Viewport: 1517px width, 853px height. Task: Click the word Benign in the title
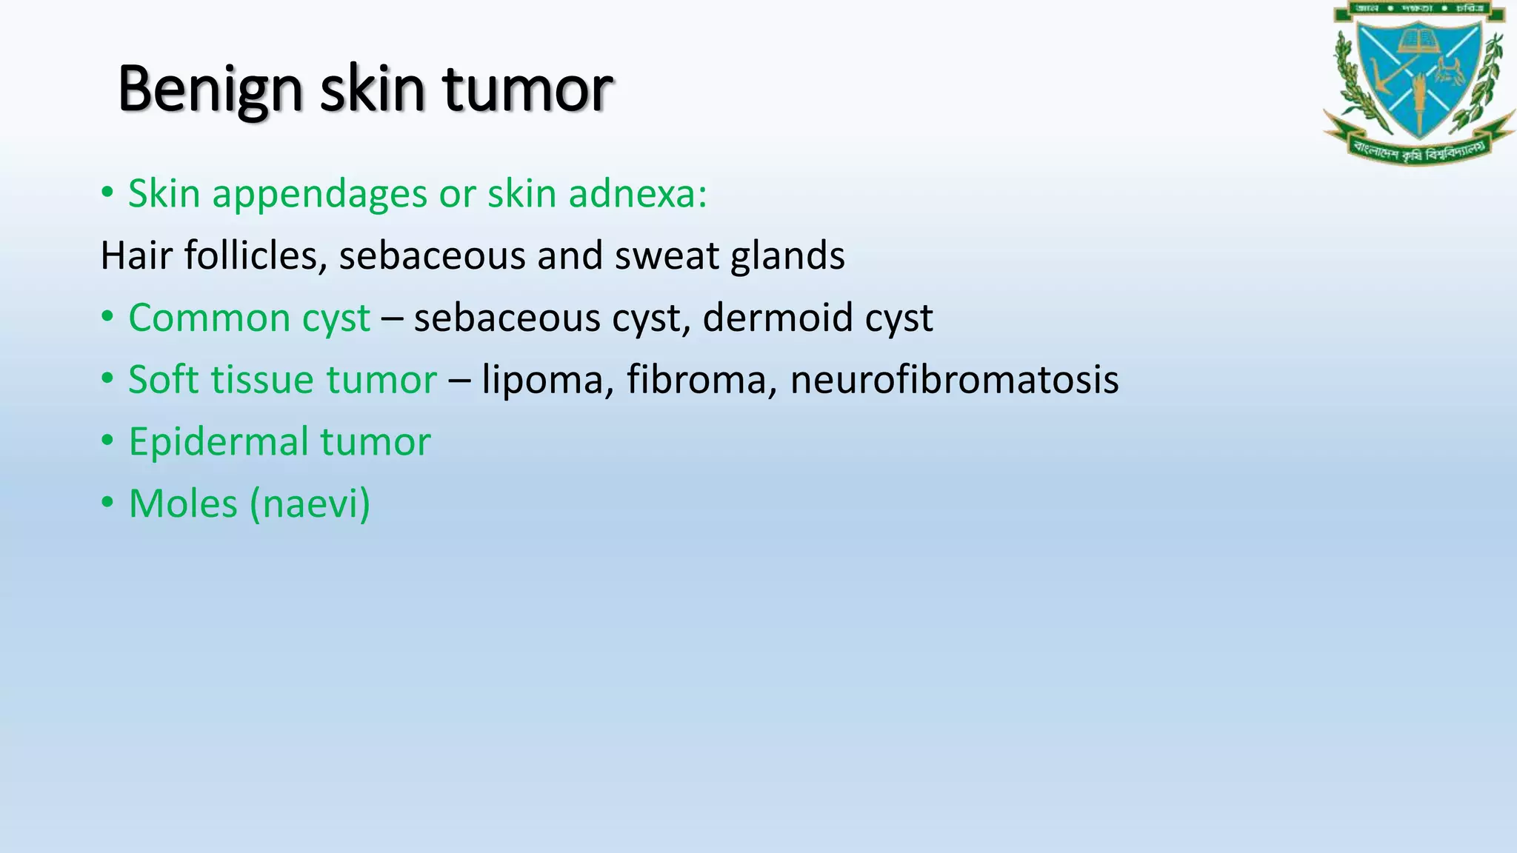coord(209,90)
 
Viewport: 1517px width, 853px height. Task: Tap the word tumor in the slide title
coord(527,90)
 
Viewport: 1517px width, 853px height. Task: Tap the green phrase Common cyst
coord(249,318)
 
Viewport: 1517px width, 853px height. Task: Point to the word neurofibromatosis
coord(954,381)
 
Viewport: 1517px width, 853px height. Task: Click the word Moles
coord(183,504)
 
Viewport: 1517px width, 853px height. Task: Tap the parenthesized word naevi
coord(310,505)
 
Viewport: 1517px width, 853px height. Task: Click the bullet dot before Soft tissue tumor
coord(107,379)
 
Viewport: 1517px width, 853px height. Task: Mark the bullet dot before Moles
coord(107,503)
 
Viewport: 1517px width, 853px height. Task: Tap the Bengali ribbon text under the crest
coord(1418,150)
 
